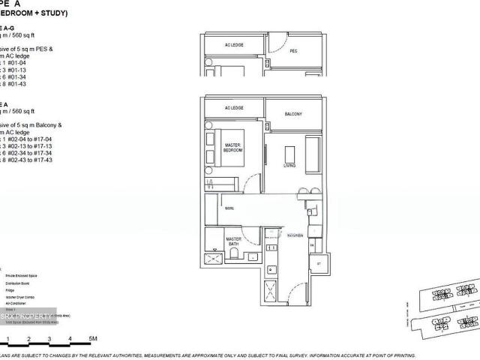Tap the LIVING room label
coord(289,165)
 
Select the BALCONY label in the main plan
coord(293,114)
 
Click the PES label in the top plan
coord(294,52)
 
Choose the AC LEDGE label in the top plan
coord(234,45)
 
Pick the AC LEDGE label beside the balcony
coord(234,108)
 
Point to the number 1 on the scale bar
coord(4,340)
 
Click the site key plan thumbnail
coord(442,307)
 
